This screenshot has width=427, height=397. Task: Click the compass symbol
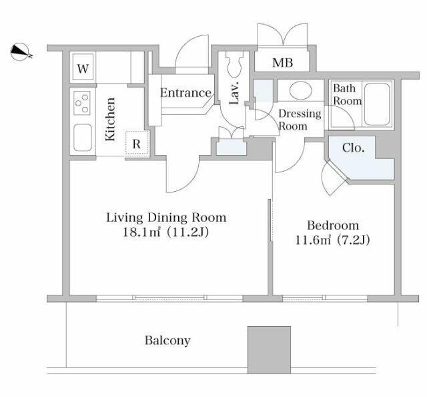coord(21,52)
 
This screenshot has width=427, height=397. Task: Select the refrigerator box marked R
coord(137,144)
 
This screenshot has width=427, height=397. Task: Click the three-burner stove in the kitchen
coord(82,103)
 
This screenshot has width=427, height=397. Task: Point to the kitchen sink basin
coord(83,138)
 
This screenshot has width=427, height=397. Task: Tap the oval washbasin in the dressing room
coord(301,90)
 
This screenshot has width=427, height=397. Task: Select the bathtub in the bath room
coord(377,104)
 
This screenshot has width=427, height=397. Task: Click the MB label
coord(283,63)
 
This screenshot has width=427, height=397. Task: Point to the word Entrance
coord(185,93)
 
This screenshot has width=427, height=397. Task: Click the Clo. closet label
coord(353,148)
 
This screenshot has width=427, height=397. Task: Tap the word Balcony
coord(167,340)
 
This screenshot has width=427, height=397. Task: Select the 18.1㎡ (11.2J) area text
coord(166,233)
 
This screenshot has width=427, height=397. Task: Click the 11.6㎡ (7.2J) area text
coord(333,241)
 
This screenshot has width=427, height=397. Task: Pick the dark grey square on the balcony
coord(269,350)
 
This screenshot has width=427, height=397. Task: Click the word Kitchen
coord(110,119)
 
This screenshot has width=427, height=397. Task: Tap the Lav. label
coord(234,93)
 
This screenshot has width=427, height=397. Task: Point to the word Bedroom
coord(333,226)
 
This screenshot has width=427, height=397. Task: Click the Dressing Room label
coord(300,120)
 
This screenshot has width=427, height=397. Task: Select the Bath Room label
coord(348,95)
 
